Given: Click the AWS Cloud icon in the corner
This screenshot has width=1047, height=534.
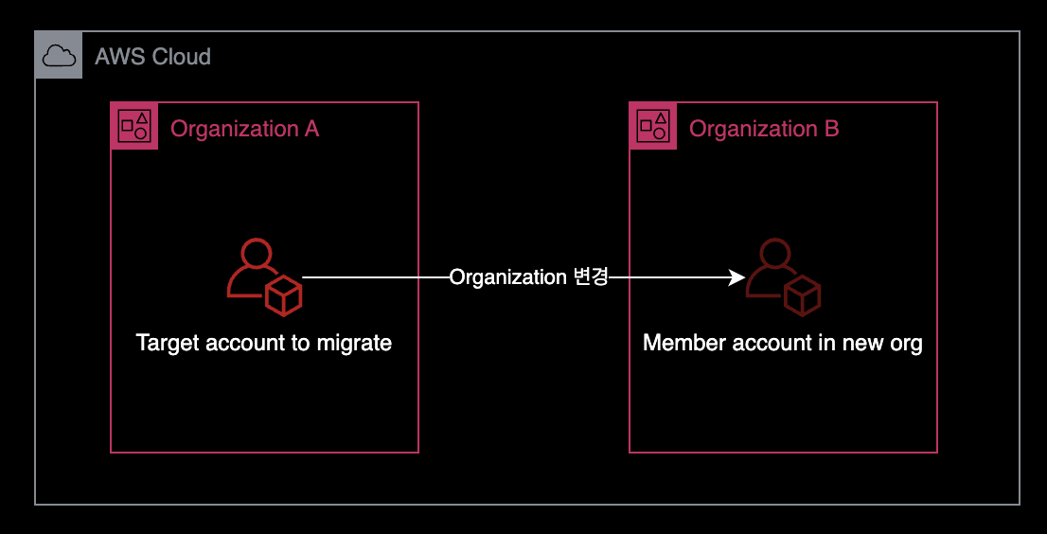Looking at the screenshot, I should click(59, 56).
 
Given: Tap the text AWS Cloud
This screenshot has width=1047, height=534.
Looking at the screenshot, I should click(152, 57).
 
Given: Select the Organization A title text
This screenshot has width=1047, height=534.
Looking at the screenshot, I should click(244, 129).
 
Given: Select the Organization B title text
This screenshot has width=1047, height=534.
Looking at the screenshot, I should click(763, 129).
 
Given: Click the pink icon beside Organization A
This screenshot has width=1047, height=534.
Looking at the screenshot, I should click(134, 126).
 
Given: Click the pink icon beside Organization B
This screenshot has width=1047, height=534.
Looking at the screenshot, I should click(653, 126).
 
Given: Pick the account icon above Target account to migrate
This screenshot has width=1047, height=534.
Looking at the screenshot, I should click(264, 277).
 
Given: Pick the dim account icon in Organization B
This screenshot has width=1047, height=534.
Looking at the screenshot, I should click(783, 277).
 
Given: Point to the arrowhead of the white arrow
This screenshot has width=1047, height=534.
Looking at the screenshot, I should click(736, 277).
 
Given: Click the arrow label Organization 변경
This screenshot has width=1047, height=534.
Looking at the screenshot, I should click(528, 277).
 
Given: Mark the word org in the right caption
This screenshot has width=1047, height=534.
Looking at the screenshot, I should click(906, 344).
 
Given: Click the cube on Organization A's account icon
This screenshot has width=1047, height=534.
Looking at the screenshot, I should click(283, 296).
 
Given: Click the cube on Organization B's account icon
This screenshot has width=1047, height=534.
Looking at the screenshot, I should click(802, 296).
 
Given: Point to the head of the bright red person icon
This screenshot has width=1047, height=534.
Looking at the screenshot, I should click(257, 254).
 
